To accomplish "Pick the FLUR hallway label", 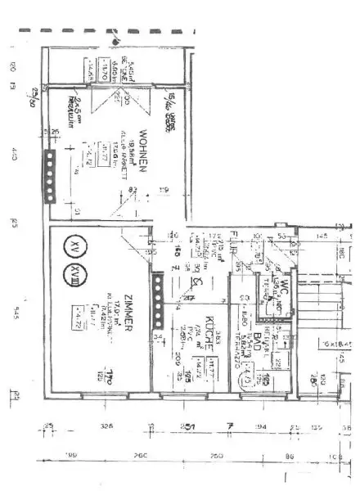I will click(x=234, y=243).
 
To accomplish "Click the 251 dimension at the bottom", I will click(x=187, y=426).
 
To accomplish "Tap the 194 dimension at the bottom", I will click(x=261, y=426).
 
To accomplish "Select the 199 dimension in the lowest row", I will click(x=72, y=455).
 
